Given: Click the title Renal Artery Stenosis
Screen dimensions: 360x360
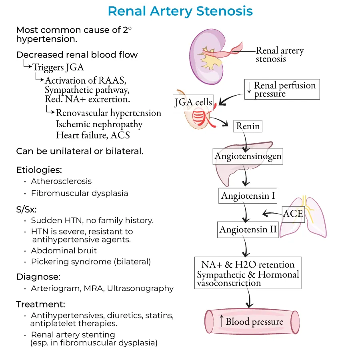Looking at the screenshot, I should [180, 11].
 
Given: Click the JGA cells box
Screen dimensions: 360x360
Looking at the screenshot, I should [193, 102].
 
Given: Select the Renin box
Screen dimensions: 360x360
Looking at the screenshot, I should [248, 126].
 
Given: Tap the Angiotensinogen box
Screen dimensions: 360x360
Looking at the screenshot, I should [248, 156].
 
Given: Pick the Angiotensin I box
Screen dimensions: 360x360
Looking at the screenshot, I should [248, 196].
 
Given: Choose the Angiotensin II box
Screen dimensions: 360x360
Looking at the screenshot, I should [248, 230].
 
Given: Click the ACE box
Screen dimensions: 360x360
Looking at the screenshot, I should [293, 214].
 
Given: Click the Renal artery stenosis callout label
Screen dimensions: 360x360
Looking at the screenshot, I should [280, 55].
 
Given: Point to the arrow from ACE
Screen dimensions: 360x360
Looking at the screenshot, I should [272, 214].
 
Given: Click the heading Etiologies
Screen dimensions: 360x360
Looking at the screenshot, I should [39, 170].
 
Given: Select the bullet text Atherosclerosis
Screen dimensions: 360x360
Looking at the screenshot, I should [61, 181].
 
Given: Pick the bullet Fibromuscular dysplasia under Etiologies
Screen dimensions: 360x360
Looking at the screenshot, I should [80, 193].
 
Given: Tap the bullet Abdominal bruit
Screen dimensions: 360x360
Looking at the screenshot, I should [64, 251].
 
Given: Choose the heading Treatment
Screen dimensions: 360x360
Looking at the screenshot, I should [40, 304].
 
